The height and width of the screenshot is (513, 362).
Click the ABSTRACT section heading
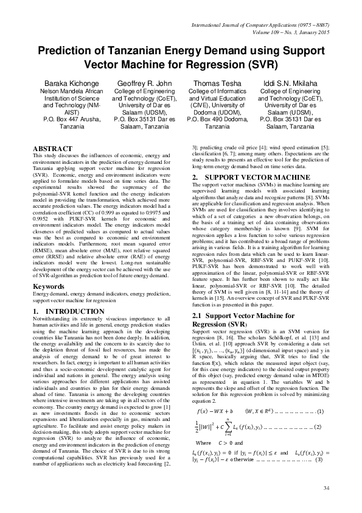53,148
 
